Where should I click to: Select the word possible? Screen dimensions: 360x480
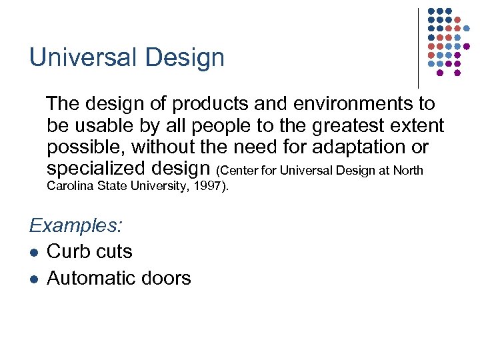tap(86, 146)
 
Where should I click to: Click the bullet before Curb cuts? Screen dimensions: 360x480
tap(33, 253)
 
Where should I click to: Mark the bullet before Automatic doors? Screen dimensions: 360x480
tap(33, 279)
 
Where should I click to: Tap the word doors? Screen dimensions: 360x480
tap(168, 278)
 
